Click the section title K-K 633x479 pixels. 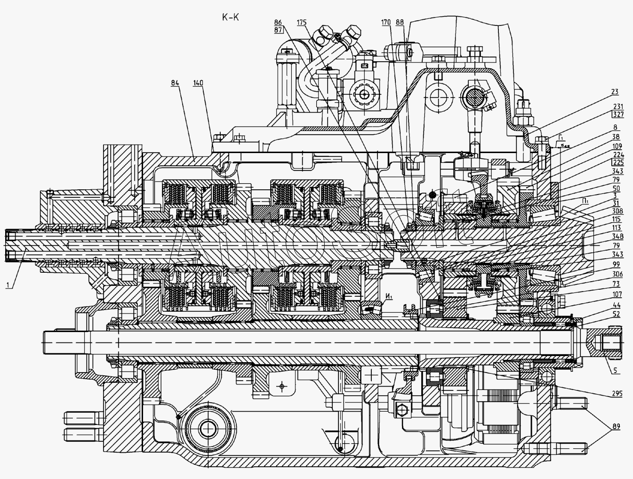point(231,17)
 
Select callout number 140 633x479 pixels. point(198,83)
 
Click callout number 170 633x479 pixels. point(386,22)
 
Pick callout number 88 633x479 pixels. point(400,22)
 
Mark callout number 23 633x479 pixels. point(615,92)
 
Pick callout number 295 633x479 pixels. point(615,394)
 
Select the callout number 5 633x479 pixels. point(615,370)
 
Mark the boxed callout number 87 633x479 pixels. point(278,30)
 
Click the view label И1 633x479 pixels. point(389,296)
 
